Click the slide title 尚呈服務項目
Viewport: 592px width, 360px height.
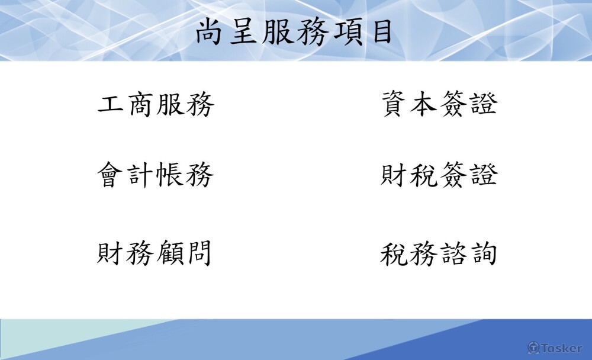(x=294, y=33)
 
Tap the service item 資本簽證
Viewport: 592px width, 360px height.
(x=439, y=103)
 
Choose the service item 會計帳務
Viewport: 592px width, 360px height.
(x=156, y=175)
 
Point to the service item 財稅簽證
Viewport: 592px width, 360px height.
(x=439, y=174)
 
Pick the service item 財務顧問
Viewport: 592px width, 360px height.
(x=154, y=253)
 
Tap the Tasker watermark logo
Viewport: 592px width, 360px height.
(x=555, y=348)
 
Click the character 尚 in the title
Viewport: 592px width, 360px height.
(x=209, y=33)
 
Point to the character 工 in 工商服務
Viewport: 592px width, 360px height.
(x=111, y=104)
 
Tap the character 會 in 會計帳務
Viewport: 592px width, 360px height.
(x=110, y=175)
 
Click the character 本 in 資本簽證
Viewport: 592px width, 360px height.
(x=424, y=103)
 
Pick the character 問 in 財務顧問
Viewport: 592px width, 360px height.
(x=198, y=253)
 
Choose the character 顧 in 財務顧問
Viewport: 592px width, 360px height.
(x=169, y=253)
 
